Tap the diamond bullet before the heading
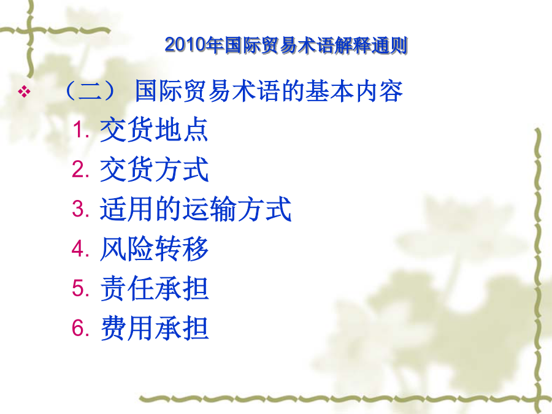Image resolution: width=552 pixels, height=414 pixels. [x=24, y=91]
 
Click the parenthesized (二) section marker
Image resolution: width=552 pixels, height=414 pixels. [x=91, y=91]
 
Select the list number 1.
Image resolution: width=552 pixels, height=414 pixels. [x=80, y=129]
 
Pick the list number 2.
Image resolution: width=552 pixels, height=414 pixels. [x=80, y=169]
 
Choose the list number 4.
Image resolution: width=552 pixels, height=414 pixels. [x=80, y=248]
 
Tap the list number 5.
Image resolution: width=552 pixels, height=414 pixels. [x=80, y=288]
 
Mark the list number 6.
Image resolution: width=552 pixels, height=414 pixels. [x=80, y=328]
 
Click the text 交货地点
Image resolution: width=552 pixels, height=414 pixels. [x=154, y=129]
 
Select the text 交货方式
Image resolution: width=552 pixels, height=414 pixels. [x=154, y=169]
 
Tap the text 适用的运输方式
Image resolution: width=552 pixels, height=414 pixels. [x=196, y=209]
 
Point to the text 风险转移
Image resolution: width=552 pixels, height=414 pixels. [x=154, y=248]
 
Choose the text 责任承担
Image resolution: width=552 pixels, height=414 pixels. [x=154, y=288]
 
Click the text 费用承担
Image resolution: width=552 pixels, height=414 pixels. [x=154, y=328]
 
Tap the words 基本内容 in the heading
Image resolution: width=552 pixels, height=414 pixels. [x=354, y=91]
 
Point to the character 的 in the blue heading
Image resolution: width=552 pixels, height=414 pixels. [x=293, y=91]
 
